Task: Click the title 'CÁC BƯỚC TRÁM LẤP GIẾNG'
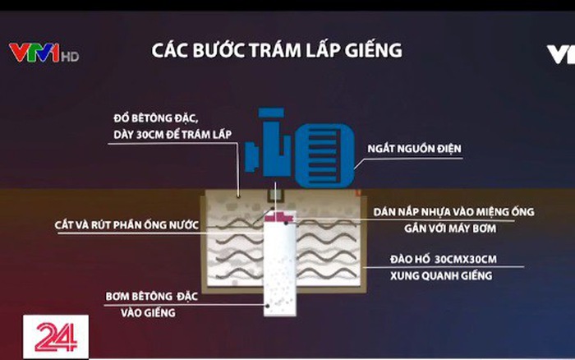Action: click(x=277, y=50)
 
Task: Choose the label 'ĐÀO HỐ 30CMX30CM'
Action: click(x=444, y=260)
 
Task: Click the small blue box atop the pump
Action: click(x=272, y=118)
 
